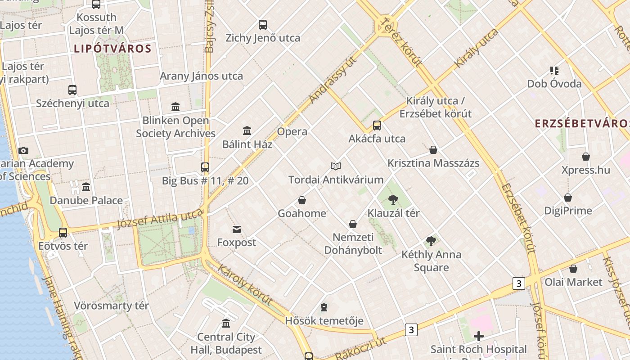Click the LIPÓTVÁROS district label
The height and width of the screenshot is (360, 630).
[112, 49]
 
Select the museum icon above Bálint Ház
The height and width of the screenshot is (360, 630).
[247, 131]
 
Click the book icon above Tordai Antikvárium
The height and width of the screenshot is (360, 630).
[336, 166]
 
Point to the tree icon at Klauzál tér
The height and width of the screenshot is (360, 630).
[393, 199]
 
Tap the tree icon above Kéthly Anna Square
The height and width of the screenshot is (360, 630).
[431, 241]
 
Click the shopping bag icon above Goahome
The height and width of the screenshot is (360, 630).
[302, 200]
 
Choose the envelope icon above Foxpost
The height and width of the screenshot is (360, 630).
[237, 229]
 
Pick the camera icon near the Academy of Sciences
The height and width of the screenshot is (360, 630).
[23, 150]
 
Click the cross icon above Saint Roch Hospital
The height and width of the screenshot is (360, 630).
[479, 336]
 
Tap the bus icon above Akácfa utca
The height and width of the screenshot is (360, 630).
[377, 126]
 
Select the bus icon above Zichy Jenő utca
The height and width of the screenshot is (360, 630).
[263, 25]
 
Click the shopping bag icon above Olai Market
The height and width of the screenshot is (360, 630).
[573, 269]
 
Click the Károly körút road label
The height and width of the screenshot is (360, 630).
[245, 285]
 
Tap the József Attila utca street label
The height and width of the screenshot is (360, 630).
[160, 220]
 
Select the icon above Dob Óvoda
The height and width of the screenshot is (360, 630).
[554, 71]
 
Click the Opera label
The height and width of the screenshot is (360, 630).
[292, 132]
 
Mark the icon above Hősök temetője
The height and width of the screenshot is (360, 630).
[324, 308]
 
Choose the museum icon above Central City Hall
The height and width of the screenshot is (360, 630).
[226, 324]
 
